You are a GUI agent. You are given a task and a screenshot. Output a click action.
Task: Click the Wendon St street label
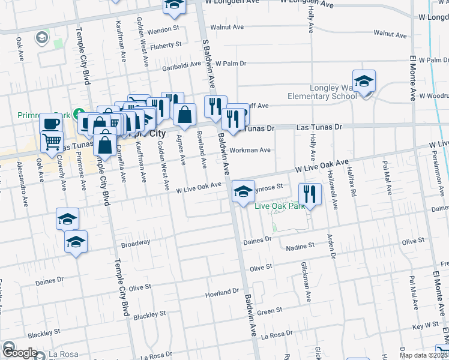pos(164,29)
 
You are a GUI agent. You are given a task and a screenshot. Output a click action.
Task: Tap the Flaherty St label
pos(166,45)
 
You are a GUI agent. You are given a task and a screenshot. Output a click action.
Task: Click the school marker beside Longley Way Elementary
pos(364,83)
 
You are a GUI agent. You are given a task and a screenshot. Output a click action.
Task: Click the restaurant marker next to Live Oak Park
pos(310,194)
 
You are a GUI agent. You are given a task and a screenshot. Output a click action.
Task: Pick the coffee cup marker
pos(52,124)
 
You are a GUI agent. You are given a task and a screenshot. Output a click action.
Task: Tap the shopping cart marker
pos(52,143)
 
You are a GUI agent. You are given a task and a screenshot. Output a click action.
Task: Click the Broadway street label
pos(136,243)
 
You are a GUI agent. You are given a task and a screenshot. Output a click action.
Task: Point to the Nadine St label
pos(300,247)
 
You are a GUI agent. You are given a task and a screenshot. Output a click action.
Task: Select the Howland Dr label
pos(222,292)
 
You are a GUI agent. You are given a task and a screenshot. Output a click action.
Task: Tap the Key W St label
pos(426,326)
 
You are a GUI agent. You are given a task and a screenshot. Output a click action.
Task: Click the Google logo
pos(19,353)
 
